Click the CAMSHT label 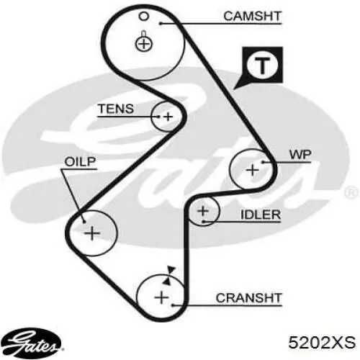(252, 17)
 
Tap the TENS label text (116, 109)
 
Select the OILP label (80, 162)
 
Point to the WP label (300, 155)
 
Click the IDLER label (261, 215)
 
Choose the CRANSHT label (248, 298)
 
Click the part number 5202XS (322, 343)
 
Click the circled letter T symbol (262, 65)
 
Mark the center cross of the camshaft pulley (144, 44)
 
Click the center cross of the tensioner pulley (168, 117)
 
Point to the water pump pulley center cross (253, 170)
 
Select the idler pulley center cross (203, 211)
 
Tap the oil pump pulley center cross (92, 233)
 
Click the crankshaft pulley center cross (162, 298)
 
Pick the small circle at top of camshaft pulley (144, 17)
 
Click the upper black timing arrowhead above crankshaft (171, 270)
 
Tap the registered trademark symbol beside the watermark (351, 193)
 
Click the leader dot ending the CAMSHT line (161, 23)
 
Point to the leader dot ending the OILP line (84, 222)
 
